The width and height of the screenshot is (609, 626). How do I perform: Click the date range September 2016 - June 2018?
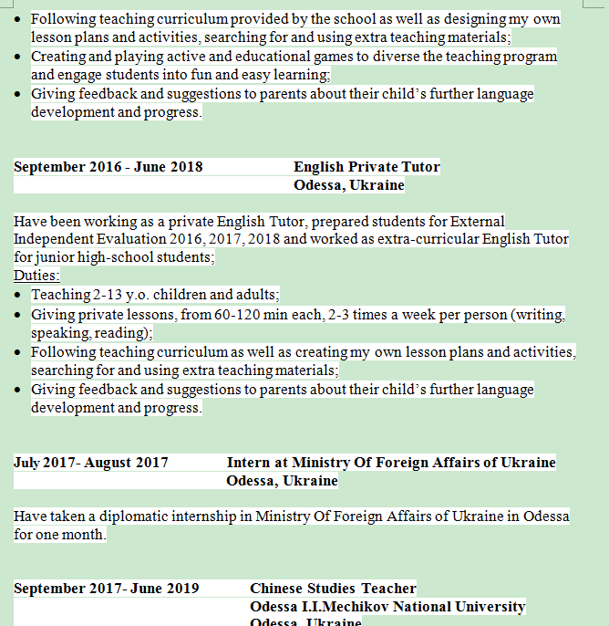click(x=108, y=167)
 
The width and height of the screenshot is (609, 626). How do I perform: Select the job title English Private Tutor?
click(x=366, y=167)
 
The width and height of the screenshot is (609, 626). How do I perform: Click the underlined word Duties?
click(x=36, y=276)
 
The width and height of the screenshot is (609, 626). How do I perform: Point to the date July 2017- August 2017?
click(x=91, y=463)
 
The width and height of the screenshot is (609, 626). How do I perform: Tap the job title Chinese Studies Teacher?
click(x=333, y=589)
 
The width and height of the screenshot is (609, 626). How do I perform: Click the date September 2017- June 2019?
click(x=106, y=589)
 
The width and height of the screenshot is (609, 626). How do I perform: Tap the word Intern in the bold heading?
click(x=247, y=463)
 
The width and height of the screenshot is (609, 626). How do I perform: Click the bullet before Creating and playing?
click(x=20, y=57)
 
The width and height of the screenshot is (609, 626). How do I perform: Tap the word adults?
click(x=256, y=295)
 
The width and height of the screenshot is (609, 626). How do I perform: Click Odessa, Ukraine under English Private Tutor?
click(x=348, y=185)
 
